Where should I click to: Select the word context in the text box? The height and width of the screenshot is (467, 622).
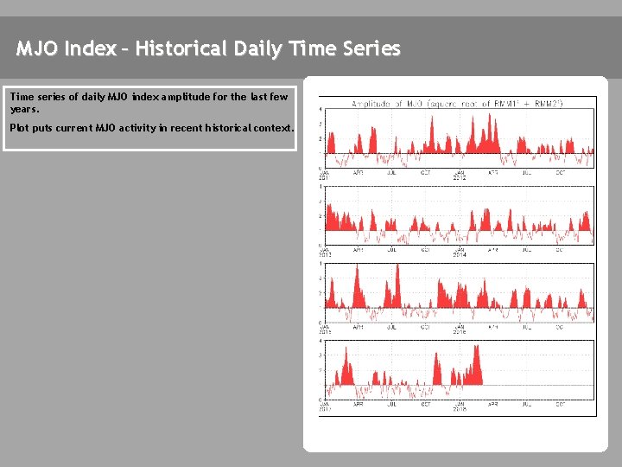pyautogui.click(x=272, y=128)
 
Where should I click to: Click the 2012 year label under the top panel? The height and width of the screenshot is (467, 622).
pyautogui.click(x=460, y=178)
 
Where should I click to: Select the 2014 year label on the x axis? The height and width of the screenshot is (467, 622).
pyautogui.click(x=460, y=255)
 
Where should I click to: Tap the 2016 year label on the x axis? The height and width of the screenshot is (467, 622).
pyautogui.click(x=460, y=332)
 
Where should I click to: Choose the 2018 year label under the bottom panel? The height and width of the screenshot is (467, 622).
pyautogui.click(x=460, y=409)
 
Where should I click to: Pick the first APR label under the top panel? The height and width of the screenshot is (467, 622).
pyautogui.click(x=359, y=173)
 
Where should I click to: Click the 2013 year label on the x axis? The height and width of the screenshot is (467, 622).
pyautogui.click(x=326, y=255)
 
